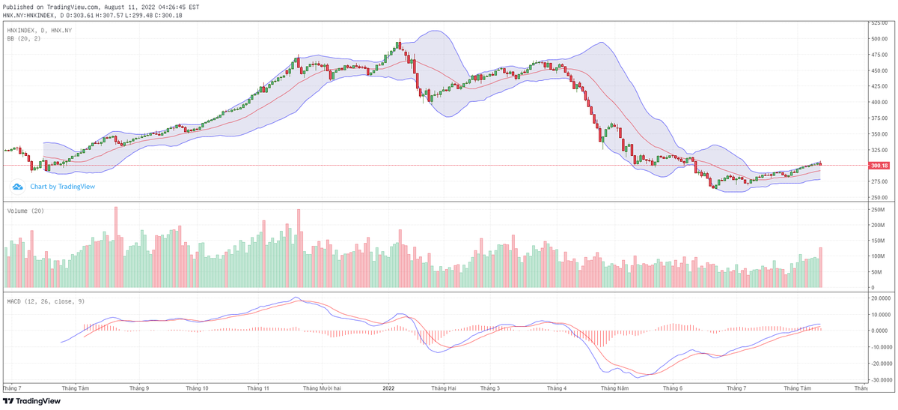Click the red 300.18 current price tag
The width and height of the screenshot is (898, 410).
pos(879,166)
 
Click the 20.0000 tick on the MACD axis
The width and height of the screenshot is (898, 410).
pos(879,298)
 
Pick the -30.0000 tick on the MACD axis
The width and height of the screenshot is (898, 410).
pos(879,379)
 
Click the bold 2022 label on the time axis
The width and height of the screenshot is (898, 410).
pos(388,388)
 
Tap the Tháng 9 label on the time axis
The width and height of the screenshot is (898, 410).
pos(139,388)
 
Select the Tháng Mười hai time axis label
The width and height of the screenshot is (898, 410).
pos(322,388)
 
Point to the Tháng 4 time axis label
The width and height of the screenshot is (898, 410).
pos(557,388)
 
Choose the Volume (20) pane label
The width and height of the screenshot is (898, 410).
pos(25,211)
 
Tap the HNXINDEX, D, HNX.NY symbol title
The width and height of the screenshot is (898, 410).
pos(39,30)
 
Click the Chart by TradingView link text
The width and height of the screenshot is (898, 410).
pos(63,187)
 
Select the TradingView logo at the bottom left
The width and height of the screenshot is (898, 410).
pos(32,401)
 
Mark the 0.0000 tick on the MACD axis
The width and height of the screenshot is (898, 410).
pos(879,331)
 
